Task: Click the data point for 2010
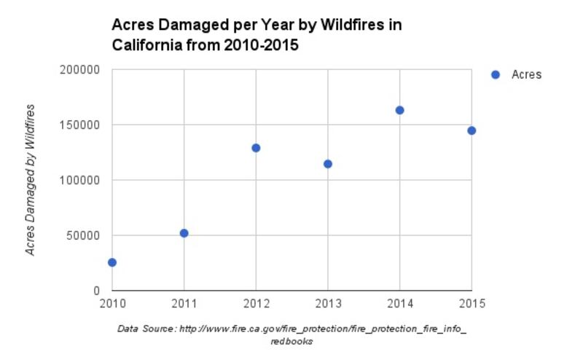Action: [112, 262]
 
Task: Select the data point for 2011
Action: [184, 233]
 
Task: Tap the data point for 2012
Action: [256, 148]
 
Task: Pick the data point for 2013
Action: [328, 164]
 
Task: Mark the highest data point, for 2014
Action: [399, 110]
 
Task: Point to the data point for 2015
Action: [472, 130]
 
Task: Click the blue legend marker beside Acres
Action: [496, 74]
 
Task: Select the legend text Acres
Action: [526, 74]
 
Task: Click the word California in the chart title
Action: [148, 45]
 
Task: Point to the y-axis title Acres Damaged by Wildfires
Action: [31, 180]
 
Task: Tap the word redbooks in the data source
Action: [291, 341]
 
